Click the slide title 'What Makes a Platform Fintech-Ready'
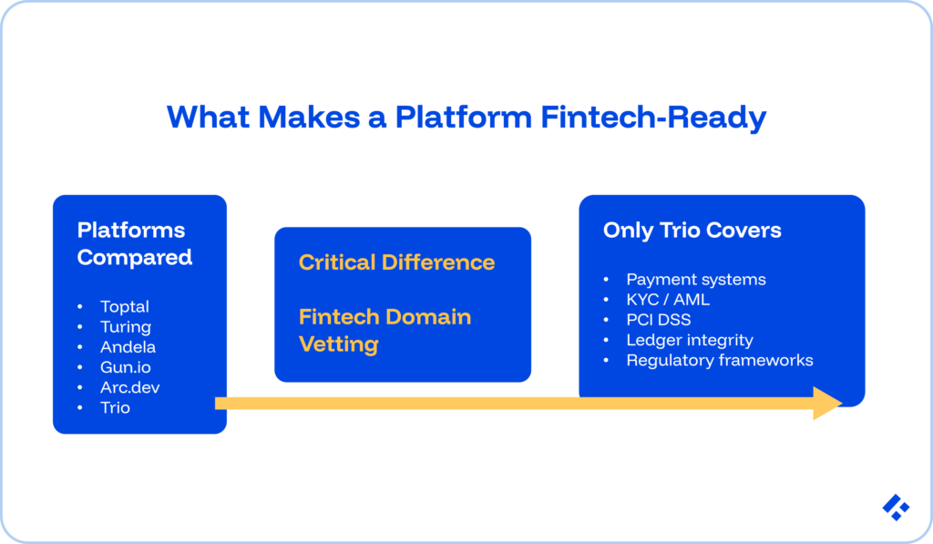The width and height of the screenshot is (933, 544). click(x=466, y=117)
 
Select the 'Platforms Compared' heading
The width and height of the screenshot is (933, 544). click(x=134, y=243)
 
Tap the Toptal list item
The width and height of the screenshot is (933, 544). click(x=125, y=307)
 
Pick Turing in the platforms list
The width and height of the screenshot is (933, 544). click(x=126, y=327)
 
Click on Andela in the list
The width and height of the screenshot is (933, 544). click(x=128, y=347)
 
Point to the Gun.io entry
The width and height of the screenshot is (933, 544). click(x=127, y=367)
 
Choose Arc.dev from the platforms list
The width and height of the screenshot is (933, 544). click(x=130, y=387)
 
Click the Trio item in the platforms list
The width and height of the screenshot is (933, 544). click(x=116, y=407)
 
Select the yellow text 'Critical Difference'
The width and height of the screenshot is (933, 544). click(x=396, y=262)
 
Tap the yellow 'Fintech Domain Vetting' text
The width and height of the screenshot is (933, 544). click(x=384, y=330)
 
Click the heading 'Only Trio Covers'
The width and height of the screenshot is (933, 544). click(x=692, y=230)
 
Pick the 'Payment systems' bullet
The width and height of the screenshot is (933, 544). click(x=696, y=280)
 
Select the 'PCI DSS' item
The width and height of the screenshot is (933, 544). click(x=658, y=320)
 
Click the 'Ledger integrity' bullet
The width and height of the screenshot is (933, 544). click(x=690, y=340)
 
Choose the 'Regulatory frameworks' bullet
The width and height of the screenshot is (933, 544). click(x=720, y=360)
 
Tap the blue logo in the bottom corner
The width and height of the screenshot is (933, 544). click(x=896, y=507)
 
